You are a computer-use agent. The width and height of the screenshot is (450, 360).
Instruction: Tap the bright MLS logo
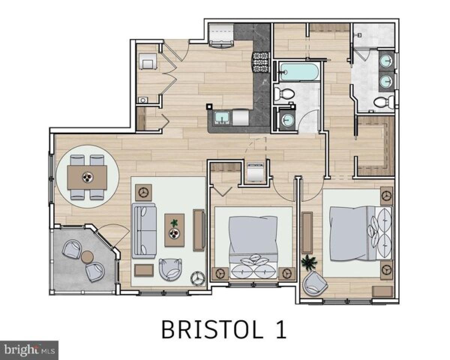coord(29,350)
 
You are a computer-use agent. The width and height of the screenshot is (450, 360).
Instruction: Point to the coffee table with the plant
coord(174,230)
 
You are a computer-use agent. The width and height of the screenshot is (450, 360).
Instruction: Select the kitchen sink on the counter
coord(223,118)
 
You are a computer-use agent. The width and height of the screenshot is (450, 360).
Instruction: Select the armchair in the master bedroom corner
coord(315,282)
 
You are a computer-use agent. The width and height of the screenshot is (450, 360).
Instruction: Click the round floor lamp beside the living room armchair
coord(198,277)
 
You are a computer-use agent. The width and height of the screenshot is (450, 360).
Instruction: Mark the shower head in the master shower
coord(359,34)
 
